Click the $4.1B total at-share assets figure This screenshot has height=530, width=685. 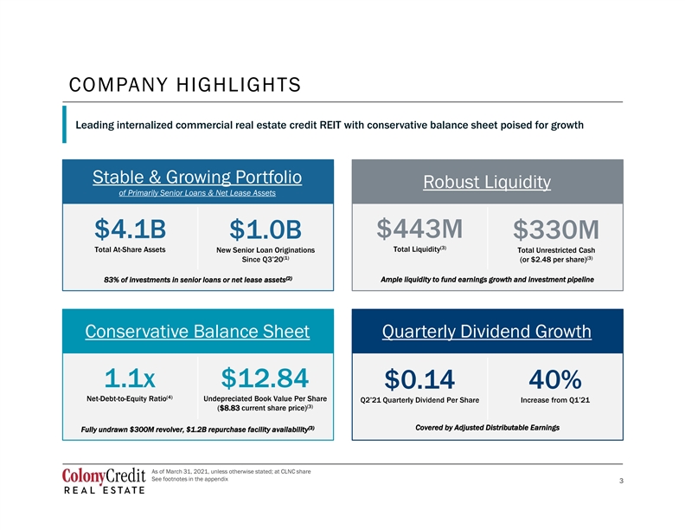131,229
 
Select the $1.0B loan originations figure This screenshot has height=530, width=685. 266,229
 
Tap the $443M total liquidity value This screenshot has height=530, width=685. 419,229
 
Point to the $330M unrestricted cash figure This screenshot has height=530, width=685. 555,229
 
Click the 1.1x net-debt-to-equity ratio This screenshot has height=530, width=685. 130,378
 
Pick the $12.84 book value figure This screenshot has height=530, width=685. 265,378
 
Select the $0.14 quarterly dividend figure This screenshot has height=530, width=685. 419,379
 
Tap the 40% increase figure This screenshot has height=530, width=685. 554,379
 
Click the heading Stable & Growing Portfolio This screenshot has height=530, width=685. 197,178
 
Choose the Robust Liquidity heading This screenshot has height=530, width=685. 487,182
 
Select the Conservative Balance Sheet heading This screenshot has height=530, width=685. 197,332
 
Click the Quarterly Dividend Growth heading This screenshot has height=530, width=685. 487,332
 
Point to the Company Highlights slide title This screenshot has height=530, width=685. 185,85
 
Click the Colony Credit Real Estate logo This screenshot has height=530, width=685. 104,481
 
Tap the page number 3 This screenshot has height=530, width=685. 621,481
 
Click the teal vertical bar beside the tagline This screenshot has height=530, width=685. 64,124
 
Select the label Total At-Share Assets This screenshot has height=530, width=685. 130,249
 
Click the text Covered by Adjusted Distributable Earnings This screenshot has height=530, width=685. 487,428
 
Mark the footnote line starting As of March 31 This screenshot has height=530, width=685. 231,471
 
